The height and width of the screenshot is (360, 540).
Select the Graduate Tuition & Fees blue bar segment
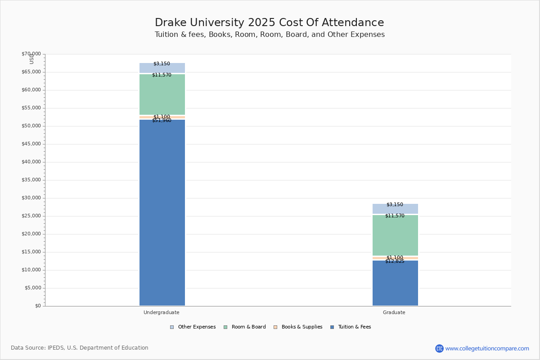click(395, 283)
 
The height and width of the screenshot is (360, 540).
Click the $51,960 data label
click(162, 121)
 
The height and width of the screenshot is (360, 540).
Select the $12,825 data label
click(395, 261)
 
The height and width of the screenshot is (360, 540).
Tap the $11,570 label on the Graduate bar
click(395, 216)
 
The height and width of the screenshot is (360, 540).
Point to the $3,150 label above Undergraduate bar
click(162, 64)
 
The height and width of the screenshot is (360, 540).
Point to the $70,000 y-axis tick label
click(31, 54)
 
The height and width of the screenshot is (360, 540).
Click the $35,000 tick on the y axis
click(31, 180)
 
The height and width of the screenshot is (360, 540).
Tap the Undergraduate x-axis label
click(162, 312)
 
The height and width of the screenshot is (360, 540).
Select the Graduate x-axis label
click(394, 312)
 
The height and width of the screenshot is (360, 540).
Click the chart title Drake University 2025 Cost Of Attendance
click(270, 23)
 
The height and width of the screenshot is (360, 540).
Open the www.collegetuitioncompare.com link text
click(487, 348)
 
